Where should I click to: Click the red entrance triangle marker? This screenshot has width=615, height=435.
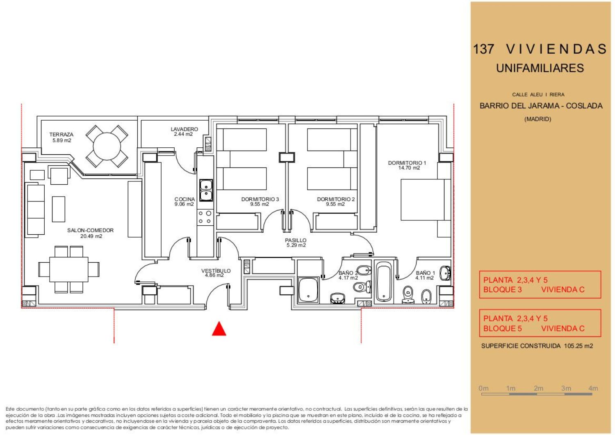tap(219, 329)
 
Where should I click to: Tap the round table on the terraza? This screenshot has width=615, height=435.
tap(107, 146)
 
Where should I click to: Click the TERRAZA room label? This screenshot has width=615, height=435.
tap(61, 134)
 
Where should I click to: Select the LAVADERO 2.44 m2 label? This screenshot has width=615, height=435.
tap(184, 132)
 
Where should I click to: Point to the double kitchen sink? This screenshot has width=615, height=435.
tap(206, 190)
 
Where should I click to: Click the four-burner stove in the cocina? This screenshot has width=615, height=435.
tap(205, 217)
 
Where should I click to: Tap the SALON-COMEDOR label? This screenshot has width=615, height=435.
tap(90, 230)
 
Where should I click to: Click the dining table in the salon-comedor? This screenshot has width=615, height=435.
tap(69, 269)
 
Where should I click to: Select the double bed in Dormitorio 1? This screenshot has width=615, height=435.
tap(426, 200)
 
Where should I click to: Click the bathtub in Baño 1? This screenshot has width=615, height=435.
tap(383, 282)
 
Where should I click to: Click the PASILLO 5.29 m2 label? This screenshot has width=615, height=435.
tap(296, 243)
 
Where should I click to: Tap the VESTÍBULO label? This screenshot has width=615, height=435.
tap(216, 271)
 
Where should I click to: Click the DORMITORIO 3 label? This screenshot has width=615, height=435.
tap(260, 199)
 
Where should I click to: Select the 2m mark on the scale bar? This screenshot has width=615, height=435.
tap(538, 388)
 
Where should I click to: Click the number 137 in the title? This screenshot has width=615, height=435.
tap(483, 49)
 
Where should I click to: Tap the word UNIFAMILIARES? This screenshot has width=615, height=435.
tap(540, 68)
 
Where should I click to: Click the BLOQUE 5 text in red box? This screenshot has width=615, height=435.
tap(502, 328)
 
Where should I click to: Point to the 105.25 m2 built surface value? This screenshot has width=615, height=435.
tap(579, 346)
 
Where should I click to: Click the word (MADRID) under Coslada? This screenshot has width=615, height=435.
tap(538, 119)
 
